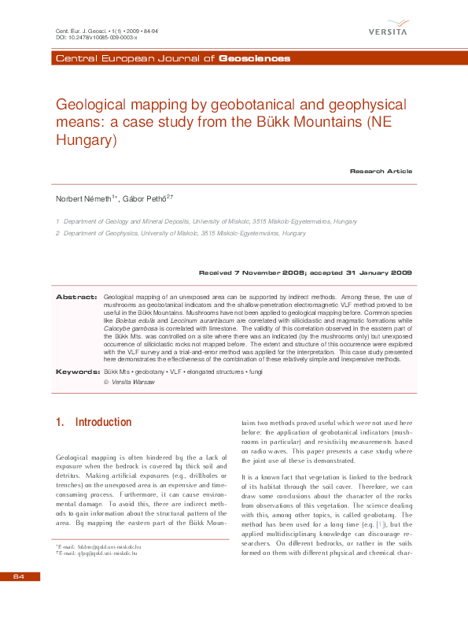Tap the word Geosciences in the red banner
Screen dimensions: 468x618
click(254, 59)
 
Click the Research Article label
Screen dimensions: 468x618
click(381, 171)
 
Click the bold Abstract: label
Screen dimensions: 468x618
click(77, 296)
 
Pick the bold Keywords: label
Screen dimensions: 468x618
click(76, 370)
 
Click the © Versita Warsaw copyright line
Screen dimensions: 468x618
click(130, 382)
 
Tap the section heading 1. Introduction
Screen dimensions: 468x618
click(94, 423)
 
